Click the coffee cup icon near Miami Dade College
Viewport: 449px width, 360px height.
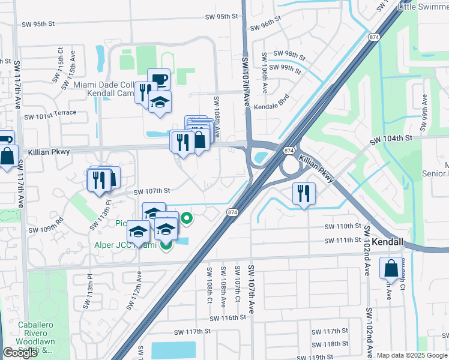tap(159, 79)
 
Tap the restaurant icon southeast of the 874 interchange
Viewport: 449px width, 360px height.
tap(304, 193)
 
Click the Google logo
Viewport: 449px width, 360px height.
tap(20, 353)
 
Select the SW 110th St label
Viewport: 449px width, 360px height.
tap(343, 227)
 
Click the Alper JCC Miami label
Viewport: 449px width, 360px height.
tap(125, 245)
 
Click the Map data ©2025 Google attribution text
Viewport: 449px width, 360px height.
tap(412, 355)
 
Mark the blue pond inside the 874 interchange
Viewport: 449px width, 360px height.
tap(262, 157)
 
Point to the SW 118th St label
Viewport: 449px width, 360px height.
tap(331, 344)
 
